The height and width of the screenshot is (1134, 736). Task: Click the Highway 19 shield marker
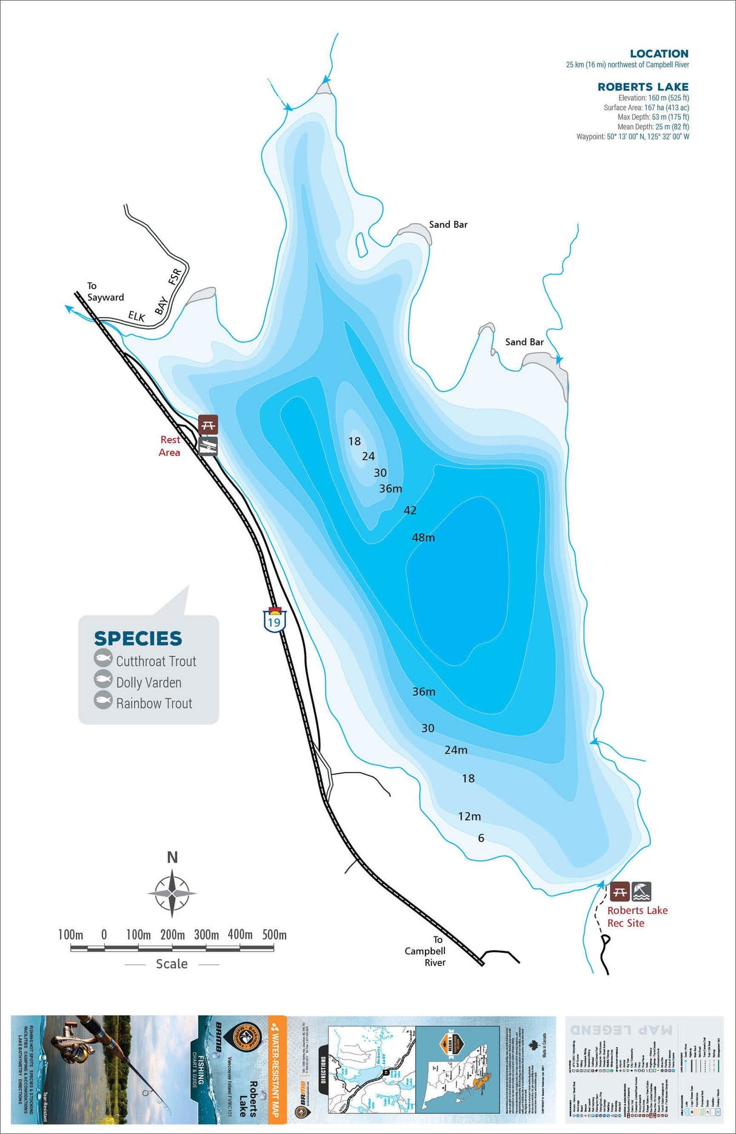(274, 620)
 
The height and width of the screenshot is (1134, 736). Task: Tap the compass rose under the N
(172, 893)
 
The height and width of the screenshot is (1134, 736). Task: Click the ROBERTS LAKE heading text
(643, 87)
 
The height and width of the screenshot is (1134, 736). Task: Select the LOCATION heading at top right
(659, 54)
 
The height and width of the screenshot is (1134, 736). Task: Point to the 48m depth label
(423, 538)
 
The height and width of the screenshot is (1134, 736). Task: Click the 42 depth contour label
(410, 510)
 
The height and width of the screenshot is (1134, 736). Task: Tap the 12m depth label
(469, 816)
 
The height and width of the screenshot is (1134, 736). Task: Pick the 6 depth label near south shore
(481, 838)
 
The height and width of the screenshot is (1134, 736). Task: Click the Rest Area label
(170, 446)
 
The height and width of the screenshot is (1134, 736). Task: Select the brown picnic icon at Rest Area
(208, 424)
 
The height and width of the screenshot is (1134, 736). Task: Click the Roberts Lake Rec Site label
(637, 916)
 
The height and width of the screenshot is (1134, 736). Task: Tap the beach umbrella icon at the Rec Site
(641, 892)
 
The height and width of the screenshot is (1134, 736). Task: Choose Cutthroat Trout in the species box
(156, 661)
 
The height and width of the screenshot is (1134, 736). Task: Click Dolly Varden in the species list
(149, 682)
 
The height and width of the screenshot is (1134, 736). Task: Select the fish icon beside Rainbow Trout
(103, 701)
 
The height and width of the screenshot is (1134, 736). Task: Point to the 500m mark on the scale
(274, 935)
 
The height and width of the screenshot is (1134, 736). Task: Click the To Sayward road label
(105, 292)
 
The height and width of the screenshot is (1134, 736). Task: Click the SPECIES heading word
(138, 638)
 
